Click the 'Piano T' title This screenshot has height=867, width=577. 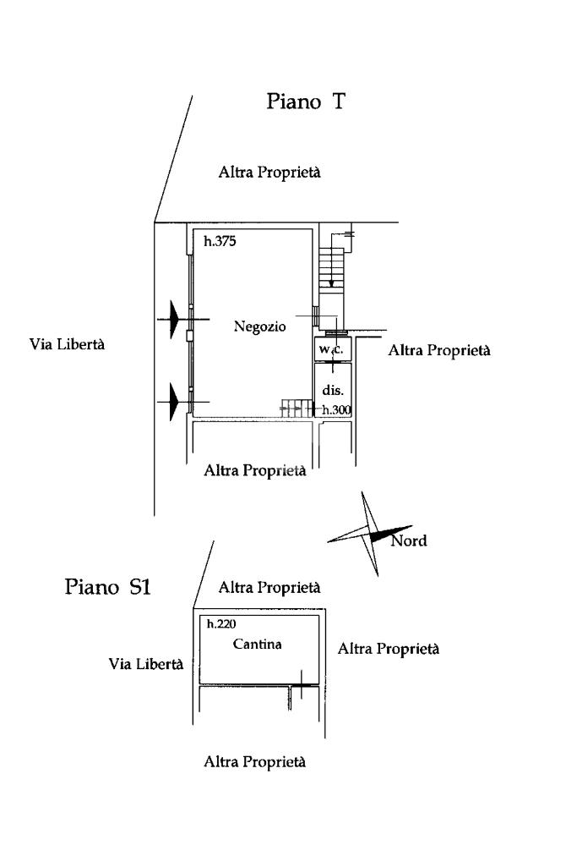click(306, 102)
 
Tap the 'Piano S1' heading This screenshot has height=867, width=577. click(107, 586)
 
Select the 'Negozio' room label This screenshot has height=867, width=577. click(259, 326)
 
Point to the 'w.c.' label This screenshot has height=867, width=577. click(331, 349)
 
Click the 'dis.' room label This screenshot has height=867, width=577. click(333, 390)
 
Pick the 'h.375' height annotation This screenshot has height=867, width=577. click(220, 241)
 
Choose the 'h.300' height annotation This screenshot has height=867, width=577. click(337, 409)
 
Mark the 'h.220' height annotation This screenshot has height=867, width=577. click(221, 623)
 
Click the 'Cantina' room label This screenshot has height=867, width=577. click(258, 645)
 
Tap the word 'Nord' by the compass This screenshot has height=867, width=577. click(409, 541)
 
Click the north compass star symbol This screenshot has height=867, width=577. click(370, 535)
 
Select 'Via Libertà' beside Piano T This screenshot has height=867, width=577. click(67, 344)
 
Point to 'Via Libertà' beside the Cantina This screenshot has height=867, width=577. click(146, 663)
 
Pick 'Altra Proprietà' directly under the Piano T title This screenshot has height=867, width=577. click(269, 173)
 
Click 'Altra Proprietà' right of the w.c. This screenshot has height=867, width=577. click(439, 350)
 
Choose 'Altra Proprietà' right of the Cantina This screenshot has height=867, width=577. click(388, 649)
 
